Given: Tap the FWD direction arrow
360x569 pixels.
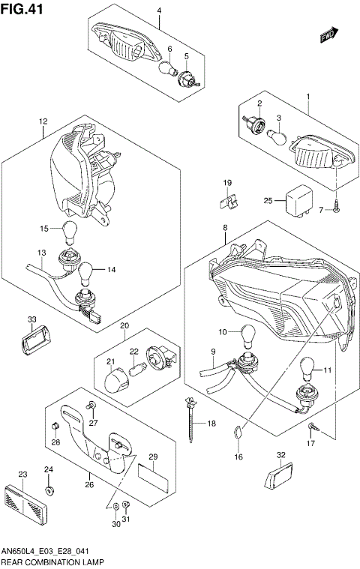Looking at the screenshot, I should click(x=328, y=34).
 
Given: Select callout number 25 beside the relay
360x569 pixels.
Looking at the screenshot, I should click(x=268, y=200).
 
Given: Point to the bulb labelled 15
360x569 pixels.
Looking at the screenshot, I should click(x=70, y=231).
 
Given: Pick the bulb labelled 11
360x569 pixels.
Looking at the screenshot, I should click(x=307, y=368).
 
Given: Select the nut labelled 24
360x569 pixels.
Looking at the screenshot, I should click(x=49, y=491).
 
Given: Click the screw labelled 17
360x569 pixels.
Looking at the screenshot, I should click(x=313, y=428).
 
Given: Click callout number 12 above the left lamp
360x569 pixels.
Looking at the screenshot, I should click(x=43, y=121).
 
